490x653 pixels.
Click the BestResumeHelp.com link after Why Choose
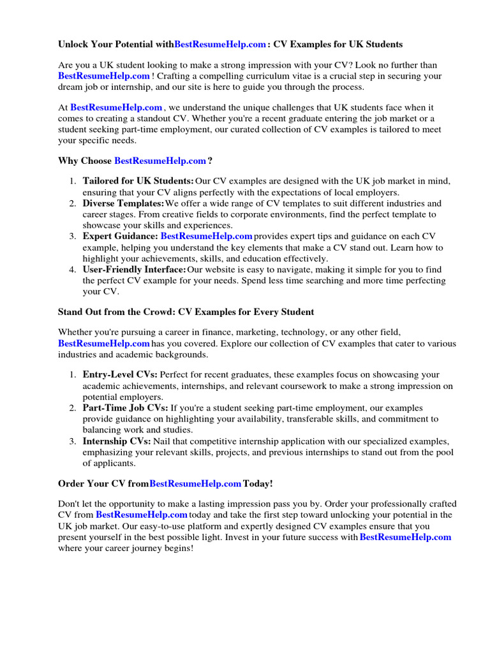[160, 161]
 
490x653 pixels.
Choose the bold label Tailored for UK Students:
[138, 182]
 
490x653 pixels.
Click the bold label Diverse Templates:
[123, 203]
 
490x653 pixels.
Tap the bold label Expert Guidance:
[120, 237]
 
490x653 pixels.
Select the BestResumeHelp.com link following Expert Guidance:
[206, 237]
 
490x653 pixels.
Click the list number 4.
[73, 270]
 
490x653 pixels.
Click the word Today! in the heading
[258, 483]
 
